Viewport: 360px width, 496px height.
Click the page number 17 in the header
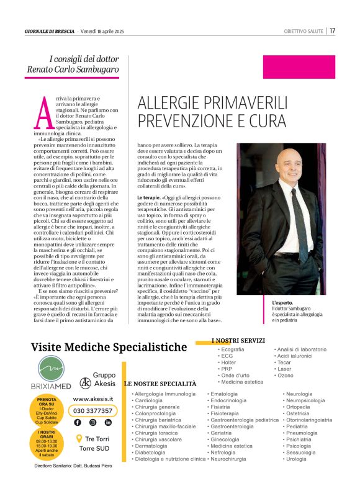[x=333, y=30]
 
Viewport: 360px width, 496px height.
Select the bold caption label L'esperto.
[x=283, y=302]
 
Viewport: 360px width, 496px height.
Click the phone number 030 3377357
[x=93, y=410]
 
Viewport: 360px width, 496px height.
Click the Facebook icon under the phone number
[x=78, y=422]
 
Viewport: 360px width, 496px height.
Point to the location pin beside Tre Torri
[x=79, y=438]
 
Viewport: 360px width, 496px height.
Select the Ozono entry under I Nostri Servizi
[x=286, y=376]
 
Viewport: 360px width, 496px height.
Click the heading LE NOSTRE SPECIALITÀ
[x=160, y=384]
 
